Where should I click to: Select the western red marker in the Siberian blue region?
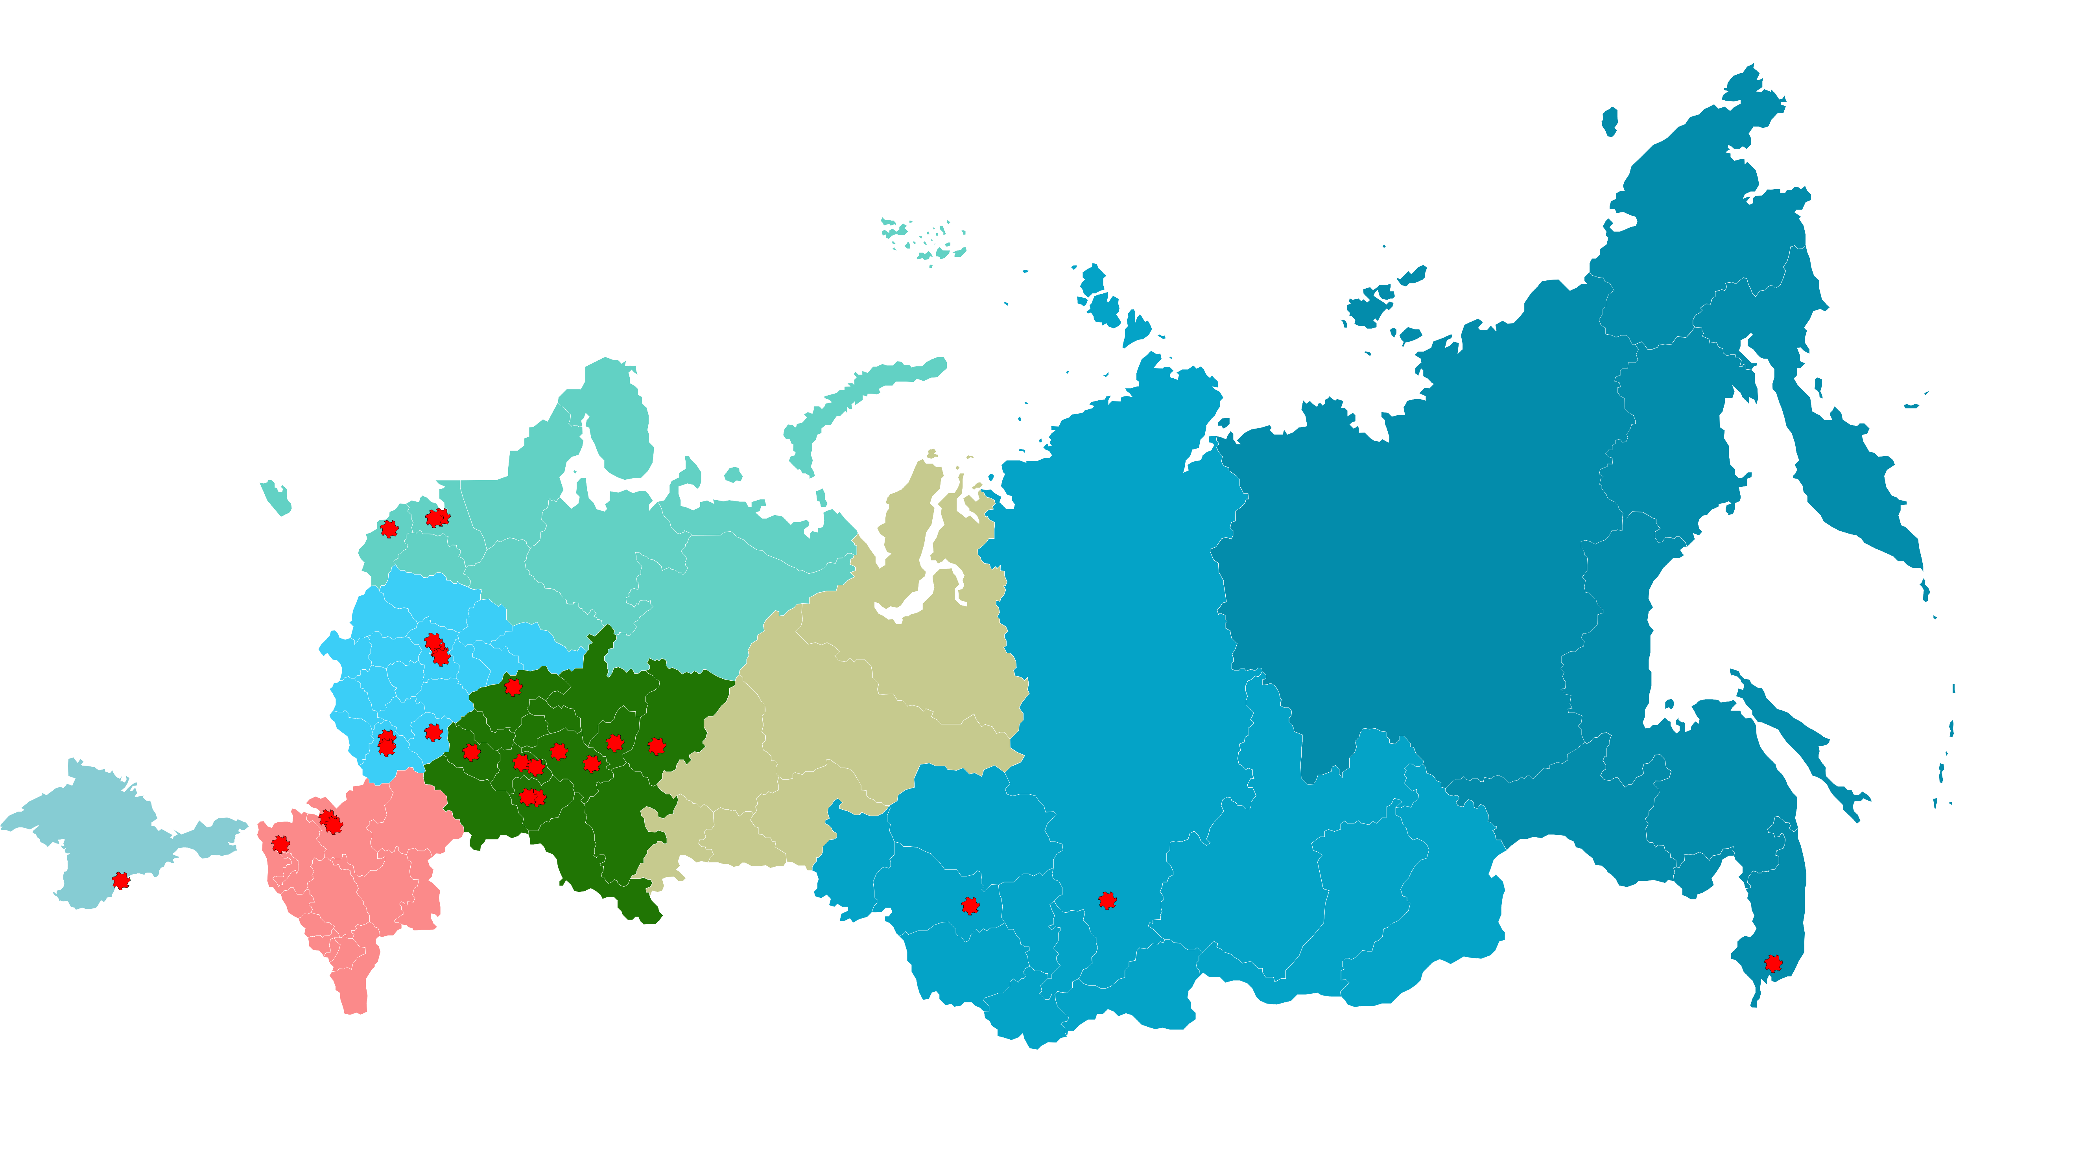tap(970, 906)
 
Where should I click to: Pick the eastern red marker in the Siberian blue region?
tap(1107, 900)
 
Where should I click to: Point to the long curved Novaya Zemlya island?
tap(861, 394)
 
